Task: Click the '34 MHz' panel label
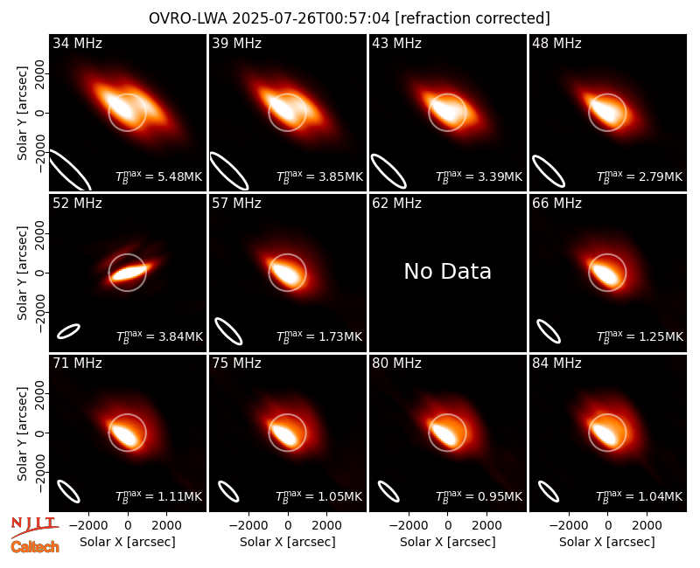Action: click(x=77, y=43)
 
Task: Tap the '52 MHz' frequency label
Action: click(x=77, y=204)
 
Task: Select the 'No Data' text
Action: click(x=447, y=271)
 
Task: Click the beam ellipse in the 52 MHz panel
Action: click(x=68, y=331)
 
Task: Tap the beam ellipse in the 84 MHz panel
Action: click(x=549, y=492)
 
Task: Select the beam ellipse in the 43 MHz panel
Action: click(x=388, y=170)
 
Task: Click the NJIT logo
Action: click(x=34, y=527)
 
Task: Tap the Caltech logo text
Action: click(x=35, y=547)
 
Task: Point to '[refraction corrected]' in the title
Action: click(x=472, y=18)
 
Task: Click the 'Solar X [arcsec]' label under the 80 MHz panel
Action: click(x=447, y=542)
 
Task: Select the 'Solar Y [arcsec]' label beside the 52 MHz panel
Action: click(x=22, y=273)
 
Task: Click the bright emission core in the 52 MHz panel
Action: click(x=129, y=272)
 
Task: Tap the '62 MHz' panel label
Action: click(x=396, y=204)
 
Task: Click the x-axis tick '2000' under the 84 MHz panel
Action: click(x=647, y=525)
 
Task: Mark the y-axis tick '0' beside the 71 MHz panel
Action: click(x=40, y=433)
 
